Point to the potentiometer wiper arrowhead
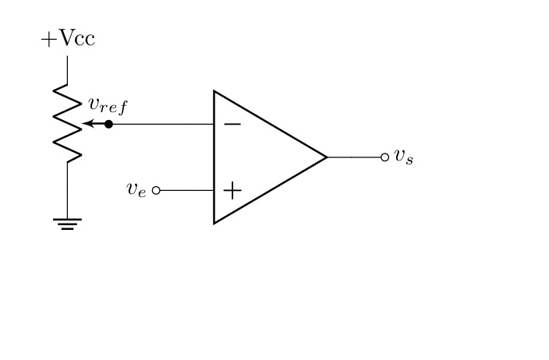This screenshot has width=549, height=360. pos(86,124)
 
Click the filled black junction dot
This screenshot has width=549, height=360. pos(108,124)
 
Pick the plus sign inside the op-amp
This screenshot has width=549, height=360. pos(232,189)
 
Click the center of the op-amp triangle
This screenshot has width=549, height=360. pos(261,157)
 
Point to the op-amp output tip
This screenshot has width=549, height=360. pos(326,157)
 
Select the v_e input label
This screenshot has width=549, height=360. pos(136,189)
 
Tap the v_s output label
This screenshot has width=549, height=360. pos(403,156)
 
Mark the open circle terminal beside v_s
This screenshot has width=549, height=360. pos(384,157)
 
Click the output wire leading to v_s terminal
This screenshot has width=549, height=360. pos(355,157)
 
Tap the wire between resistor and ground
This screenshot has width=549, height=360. pos(68,191)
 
